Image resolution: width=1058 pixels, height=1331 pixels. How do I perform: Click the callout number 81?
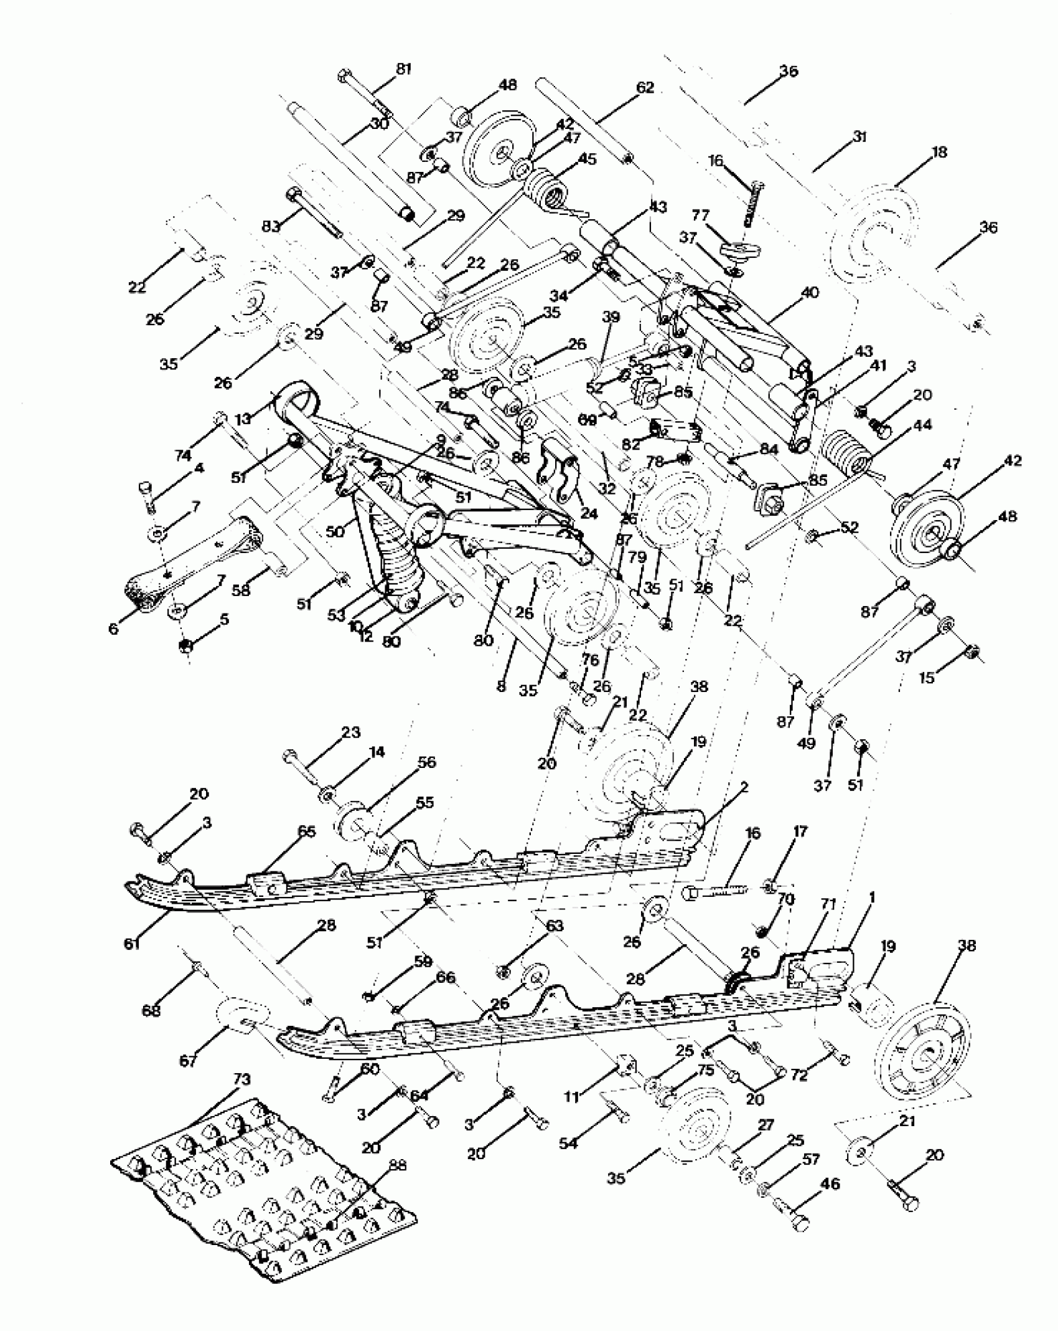pos(404,69)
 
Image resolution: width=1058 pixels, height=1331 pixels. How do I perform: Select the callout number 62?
pos(645,88)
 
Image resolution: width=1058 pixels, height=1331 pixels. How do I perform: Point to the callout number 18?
pos(939,152)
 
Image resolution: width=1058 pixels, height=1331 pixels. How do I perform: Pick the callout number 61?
pos(132,945)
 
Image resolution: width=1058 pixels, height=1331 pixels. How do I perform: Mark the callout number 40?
pos(810,292)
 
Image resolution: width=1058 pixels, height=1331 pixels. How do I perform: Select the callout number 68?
pos(151,1010)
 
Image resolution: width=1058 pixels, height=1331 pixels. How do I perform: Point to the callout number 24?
pos(588,513)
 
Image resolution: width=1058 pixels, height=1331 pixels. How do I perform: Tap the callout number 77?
pos(700,216)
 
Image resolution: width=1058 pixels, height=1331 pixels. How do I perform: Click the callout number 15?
pos(927,678)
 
